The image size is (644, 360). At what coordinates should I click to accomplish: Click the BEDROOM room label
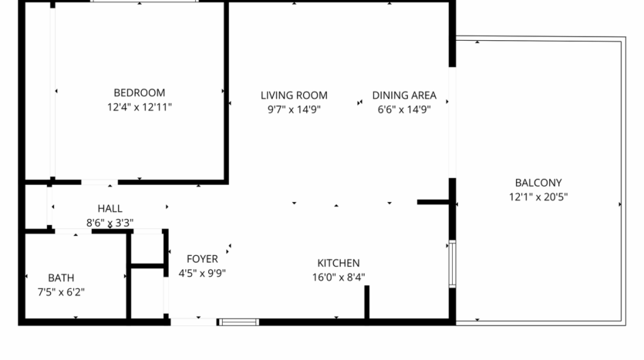click(x=140, y=93)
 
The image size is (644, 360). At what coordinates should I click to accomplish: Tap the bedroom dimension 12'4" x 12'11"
click(x=140, y=108)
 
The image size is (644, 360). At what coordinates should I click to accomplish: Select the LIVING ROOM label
click(x=294, y=96)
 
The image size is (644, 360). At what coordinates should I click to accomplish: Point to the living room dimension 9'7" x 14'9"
click(x=294, y=109)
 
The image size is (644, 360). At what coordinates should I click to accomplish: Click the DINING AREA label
click(x=404, y=96)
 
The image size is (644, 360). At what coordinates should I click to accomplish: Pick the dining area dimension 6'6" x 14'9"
click(x=404, y=109)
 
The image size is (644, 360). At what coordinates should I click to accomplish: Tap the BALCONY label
click(x=538, y=183)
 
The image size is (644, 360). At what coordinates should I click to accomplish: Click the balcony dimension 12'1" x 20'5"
click(x=538, y=197)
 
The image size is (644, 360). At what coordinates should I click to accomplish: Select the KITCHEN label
click(x=339, y=263)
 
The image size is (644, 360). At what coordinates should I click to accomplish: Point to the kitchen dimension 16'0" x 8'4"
click(x=339, y=278)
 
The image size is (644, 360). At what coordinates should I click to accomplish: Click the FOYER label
click(x=202, y=259)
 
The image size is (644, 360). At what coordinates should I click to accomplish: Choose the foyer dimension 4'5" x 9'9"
click(x=202, y=273)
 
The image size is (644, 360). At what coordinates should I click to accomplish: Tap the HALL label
click(x=110, y=208)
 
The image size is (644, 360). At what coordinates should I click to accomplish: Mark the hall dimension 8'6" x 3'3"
click(x=110, y=223)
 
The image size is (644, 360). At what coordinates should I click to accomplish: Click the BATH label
click(x=61, y=278)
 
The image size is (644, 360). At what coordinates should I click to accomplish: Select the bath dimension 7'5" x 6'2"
click(x=61, y=292)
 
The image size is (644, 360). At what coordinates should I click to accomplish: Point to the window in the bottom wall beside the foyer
click(x=239, y=321)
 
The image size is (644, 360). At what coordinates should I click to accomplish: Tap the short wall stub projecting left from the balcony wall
click(x=433, y=202)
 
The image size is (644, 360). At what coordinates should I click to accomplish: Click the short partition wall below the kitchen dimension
click(x=367, y=301)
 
